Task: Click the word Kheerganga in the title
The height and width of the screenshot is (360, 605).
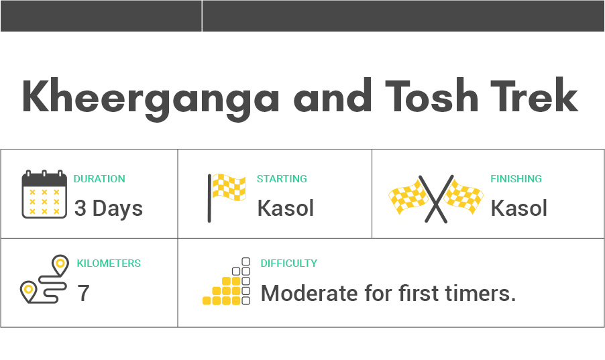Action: click(x=150, y=99)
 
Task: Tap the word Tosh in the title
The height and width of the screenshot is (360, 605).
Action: click(x=432, y=96)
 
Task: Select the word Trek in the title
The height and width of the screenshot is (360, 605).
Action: click(x=535, y=95)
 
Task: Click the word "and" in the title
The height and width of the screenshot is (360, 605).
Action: click(x=332, y=95)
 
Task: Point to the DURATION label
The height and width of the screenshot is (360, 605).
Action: click(x=99, y=178)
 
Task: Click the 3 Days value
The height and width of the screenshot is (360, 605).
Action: click(x=109, y=208)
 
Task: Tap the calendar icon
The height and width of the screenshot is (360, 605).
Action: click(x=44, y=194)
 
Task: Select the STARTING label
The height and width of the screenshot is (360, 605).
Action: click(x=282, y=178)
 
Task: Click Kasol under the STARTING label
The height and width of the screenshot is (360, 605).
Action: click(x=286, y=208)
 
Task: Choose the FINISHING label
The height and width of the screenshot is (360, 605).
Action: click(x=516, y=178)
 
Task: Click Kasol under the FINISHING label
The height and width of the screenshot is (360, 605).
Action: click(x=519, y=208)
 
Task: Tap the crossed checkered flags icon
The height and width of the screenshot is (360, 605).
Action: click(x=436, y=199)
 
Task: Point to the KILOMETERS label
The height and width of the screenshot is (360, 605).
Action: click(x=109, y=263)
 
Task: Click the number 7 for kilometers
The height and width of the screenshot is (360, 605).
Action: click(x=84, y=293)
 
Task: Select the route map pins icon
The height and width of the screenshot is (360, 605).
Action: click(x=44, y=279)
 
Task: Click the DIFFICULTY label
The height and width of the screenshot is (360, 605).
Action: click(x=288, y=263)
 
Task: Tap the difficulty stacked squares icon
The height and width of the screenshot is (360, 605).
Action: click(x=227, y=282)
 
